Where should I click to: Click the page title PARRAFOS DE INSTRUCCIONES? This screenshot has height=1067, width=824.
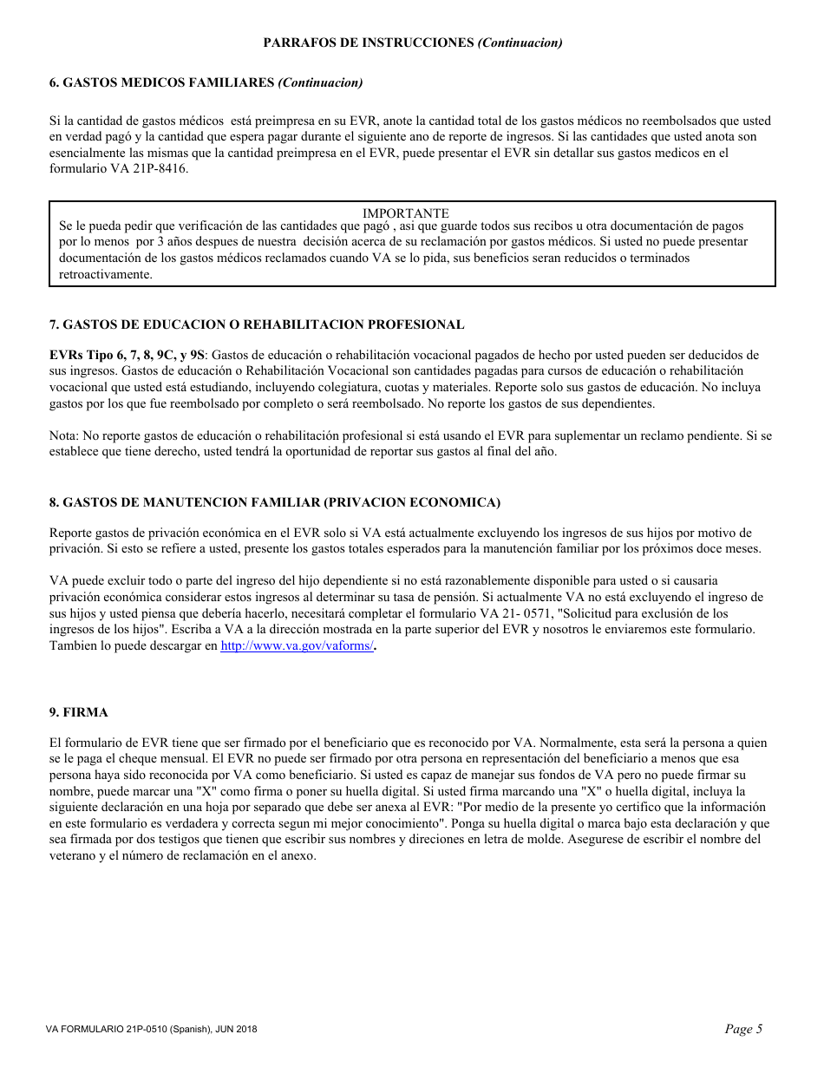pyautogui.click(x=369, y=43)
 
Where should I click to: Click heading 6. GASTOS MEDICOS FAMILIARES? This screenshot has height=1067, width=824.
pyautogui.click(x=161, y=82)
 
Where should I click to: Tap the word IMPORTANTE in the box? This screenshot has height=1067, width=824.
pyautogui.click(x=405, y=213)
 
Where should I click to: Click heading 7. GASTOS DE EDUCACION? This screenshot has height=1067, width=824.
pyautogui.click(x=256, y=324)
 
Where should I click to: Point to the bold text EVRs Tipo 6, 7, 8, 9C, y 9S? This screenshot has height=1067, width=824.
pyautogui.click(x=128, y=355)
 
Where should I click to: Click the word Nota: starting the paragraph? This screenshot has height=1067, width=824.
pyautogui.click(x=64, y=435)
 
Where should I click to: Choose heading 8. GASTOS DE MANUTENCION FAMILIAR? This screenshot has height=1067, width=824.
pyautogui.click(x=274, y=502)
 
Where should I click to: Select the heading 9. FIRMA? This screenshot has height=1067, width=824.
pyautogui.click(x=78, y=712)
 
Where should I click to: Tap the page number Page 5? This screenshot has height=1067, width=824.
pyautogui.click(x=743, y=1029)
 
